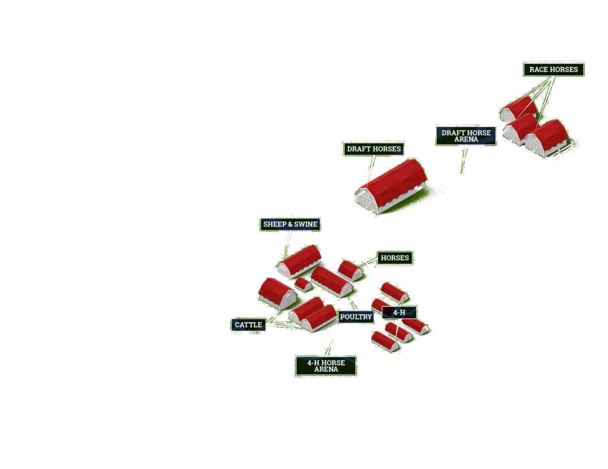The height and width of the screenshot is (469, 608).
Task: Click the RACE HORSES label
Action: (553, 69)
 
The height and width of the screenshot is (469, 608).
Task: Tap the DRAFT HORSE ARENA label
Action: (465, 136)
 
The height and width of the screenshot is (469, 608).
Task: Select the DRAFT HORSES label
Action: (373, 148)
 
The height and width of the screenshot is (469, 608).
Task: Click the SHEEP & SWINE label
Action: (290, 224)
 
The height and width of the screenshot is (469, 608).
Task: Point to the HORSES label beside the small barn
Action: (394, 258)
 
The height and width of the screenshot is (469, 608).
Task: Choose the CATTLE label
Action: (248, 325)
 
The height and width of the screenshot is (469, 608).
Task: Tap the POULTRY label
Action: (356, 317)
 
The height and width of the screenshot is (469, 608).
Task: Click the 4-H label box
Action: (399, 312)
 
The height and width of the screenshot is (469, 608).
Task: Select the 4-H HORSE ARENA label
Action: (326, 366)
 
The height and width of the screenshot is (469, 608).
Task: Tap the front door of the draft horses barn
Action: (367, 202)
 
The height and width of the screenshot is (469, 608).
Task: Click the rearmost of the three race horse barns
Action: (518, 109)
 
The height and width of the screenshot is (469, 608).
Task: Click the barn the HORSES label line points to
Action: (350, 270)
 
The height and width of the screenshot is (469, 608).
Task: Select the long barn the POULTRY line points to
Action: (331, 280)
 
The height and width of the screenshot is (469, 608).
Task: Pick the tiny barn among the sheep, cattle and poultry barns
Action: (303, 284)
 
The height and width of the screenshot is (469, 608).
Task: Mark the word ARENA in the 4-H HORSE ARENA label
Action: (326, 369)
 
